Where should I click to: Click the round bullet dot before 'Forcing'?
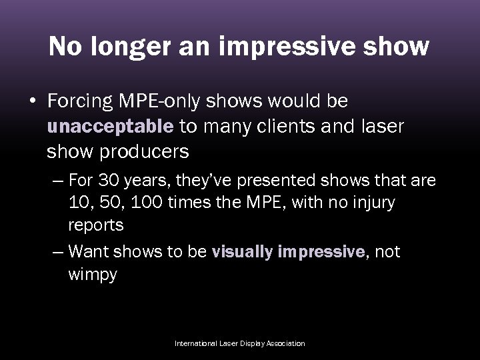(x=33, y=102)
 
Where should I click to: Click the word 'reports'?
(x=95, y=225)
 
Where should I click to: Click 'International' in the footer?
(x=196, y=343)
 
